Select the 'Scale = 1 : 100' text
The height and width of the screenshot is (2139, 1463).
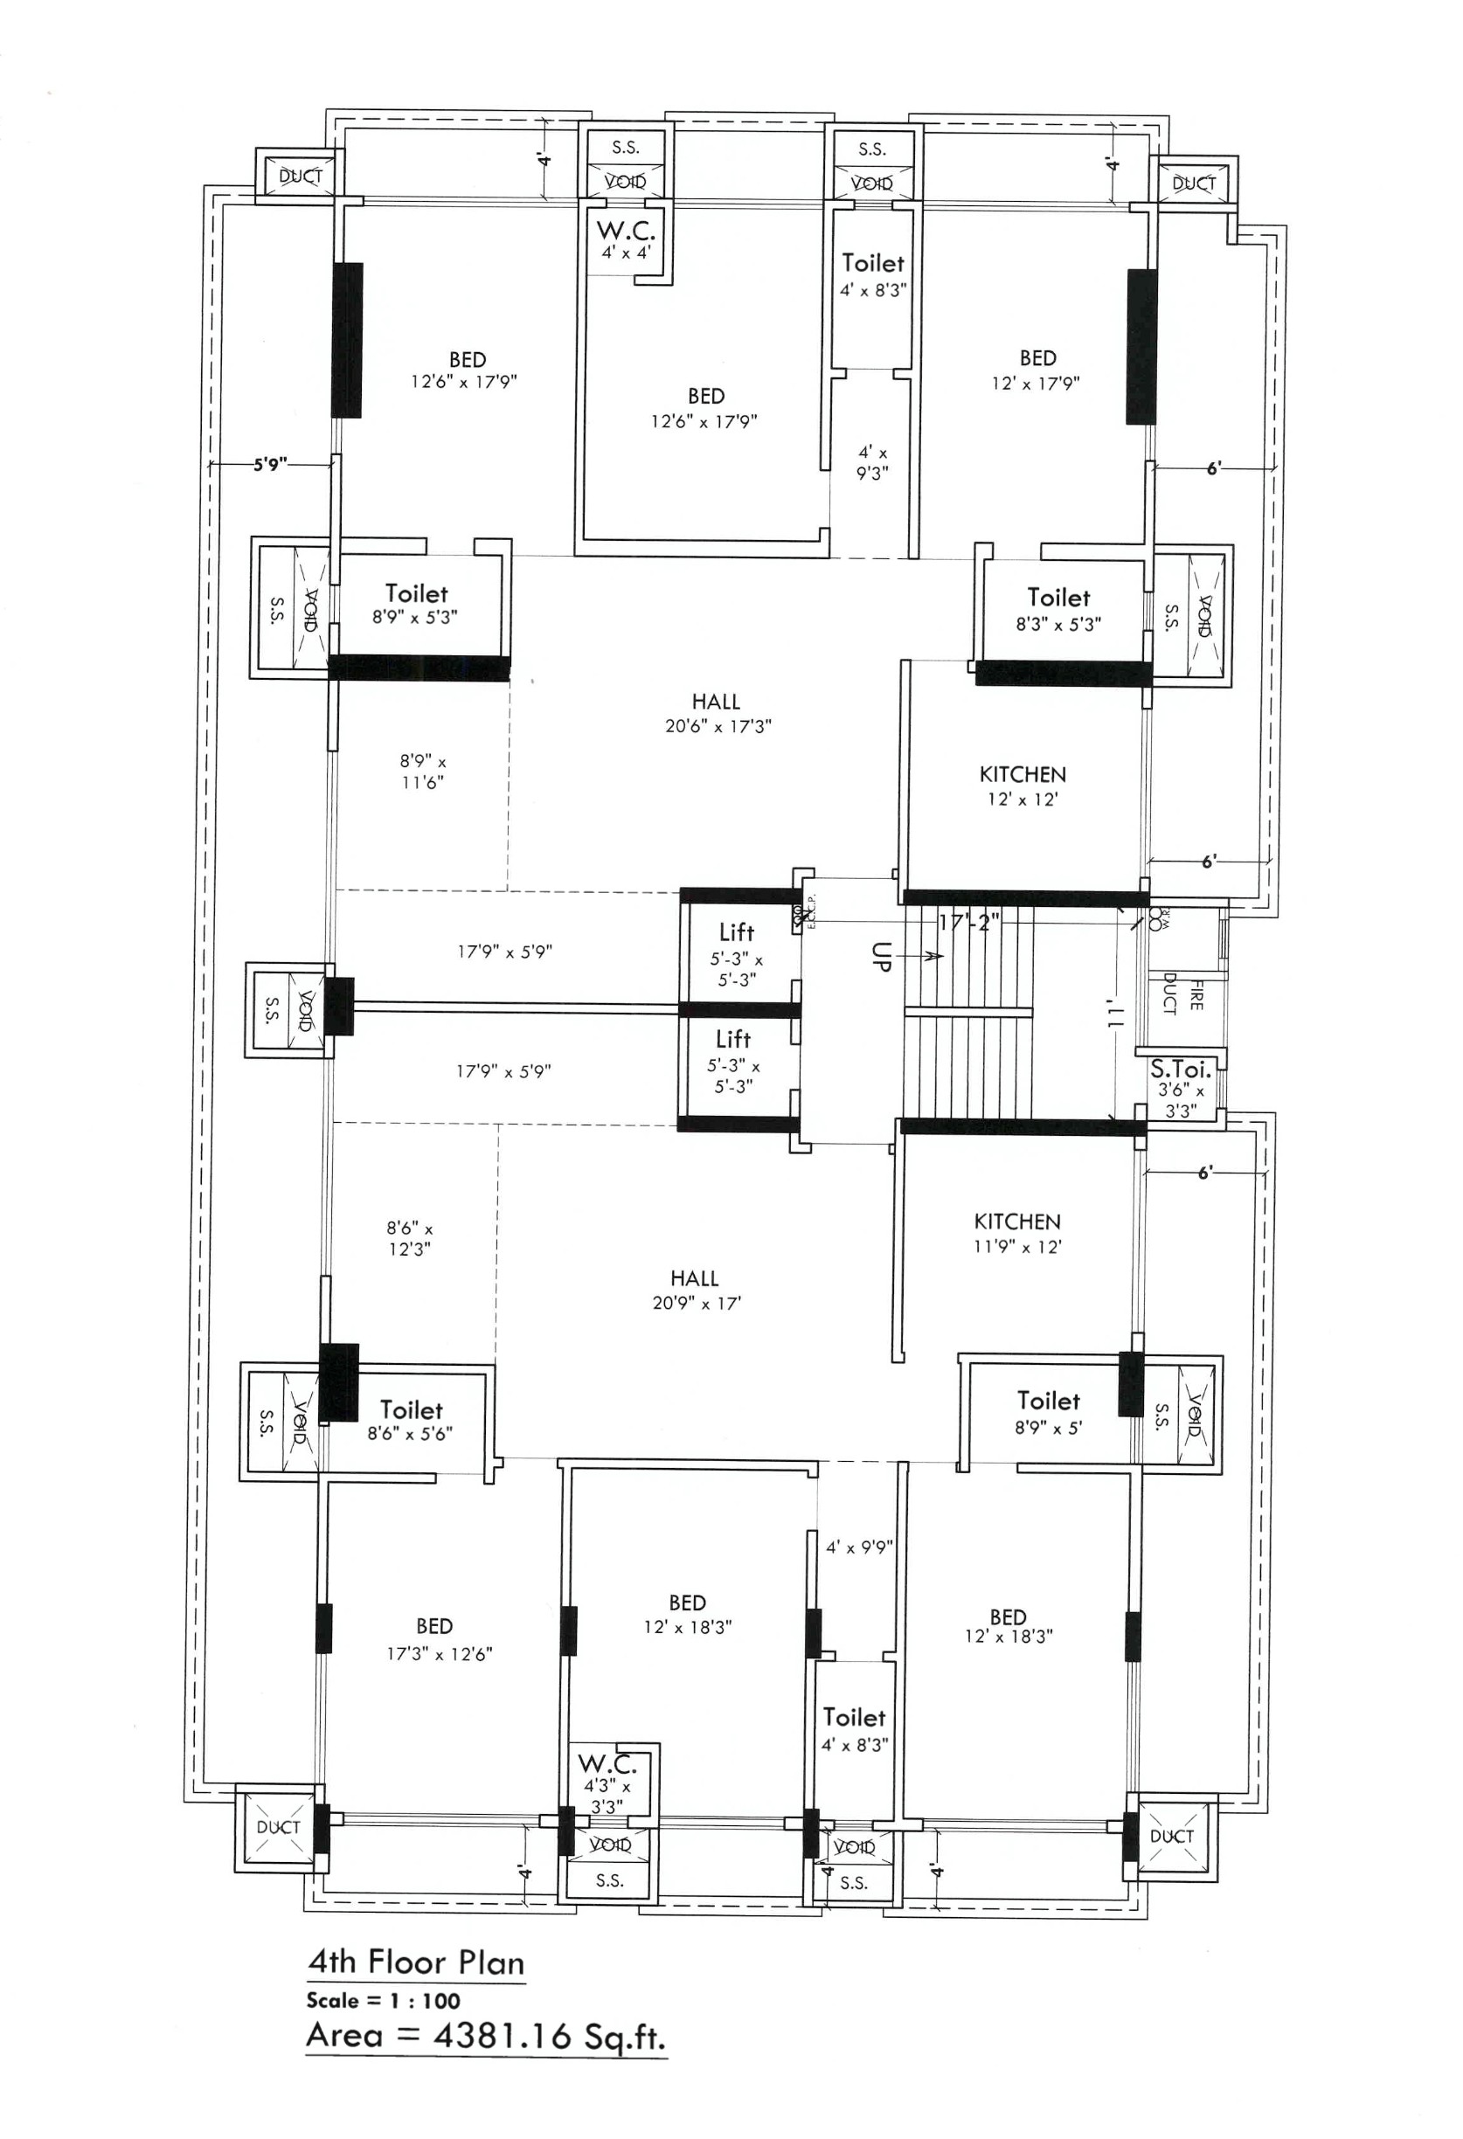(x=383, y=2000)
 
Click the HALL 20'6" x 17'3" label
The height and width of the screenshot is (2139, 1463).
(x=718, y=713)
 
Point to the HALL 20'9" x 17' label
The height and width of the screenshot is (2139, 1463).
(x=696, y=1290)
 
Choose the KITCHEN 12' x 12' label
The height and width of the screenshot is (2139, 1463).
(x=1022, y=786)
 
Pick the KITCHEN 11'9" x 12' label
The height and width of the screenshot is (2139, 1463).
(x=1016, y=1233)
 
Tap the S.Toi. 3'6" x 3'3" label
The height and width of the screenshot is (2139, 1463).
(x=1181, y=1088)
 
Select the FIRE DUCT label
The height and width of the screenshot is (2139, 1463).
(x=1182, y=993)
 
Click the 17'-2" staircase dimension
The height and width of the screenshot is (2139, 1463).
(x=967, y=922)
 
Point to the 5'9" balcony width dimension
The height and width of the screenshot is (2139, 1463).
(x=270, y=465)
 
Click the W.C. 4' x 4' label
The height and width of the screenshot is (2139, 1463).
(x=625, y=239)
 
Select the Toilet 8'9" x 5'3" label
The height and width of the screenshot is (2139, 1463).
(x=415, y=605)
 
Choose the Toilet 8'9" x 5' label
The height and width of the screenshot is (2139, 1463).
(x=1048, y=1413)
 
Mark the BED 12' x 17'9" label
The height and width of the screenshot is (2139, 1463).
(x=1036, y=370)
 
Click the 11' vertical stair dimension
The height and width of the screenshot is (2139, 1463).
(x=1114, y=1013)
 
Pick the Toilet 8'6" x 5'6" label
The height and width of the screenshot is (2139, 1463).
(x=411, y=1420)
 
